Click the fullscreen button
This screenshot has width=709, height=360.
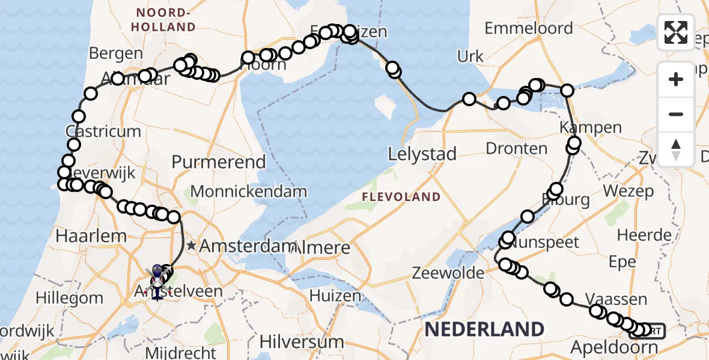[x=676, y=32]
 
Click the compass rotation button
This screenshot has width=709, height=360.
[x=676, y=149]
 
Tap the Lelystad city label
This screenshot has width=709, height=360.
[x=422, y=154]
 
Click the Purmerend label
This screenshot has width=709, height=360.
[x=219, y=162]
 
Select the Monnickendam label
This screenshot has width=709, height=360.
[x=249, y=192]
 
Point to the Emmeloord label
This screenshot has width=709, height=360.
[x=528, y=28]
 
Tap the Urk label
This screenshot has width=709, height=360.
[x=470, y=57]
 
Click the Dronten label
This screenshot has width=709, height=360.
[x=517, y=149]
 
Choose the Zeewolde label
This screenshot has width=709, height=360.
[x=448, y=274]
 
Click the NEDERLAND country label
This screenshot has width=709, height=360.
[x=484, y=329]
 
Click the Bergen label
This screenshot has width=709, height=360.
[x=115, y=53]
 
